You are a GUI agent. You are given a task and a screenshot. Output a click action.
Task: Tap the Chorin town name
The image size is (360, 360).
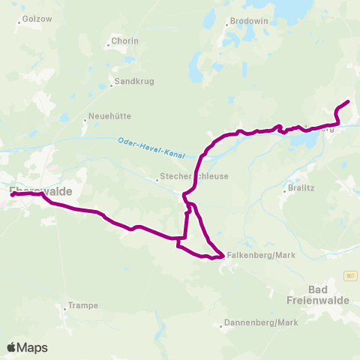tap(124, 40)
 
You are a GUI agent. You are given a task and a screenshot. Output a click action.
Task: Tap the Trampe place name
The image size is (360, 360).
tap(83, 305)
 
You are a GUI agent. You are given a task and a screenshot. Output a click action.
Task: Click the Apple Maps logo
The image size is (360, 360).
tap(27, 347)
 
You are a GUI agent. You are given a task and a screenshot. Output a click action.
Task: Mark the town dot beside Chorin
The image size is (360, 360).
tap(108, 46)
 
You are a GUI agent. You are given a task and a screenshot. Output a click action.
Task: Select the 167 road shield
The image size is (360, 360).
tap(350, 277)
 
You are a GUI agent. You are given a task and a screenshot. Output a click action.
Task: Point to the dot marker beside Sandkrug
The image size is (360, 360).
tap(111, 85)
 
